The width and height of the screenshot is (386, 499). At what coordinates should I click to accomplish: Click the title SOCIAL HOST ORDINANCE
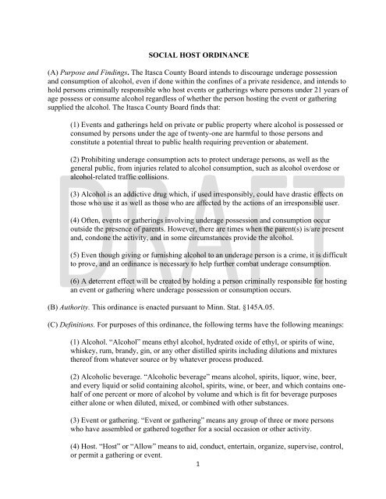(x=193, y=57)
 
